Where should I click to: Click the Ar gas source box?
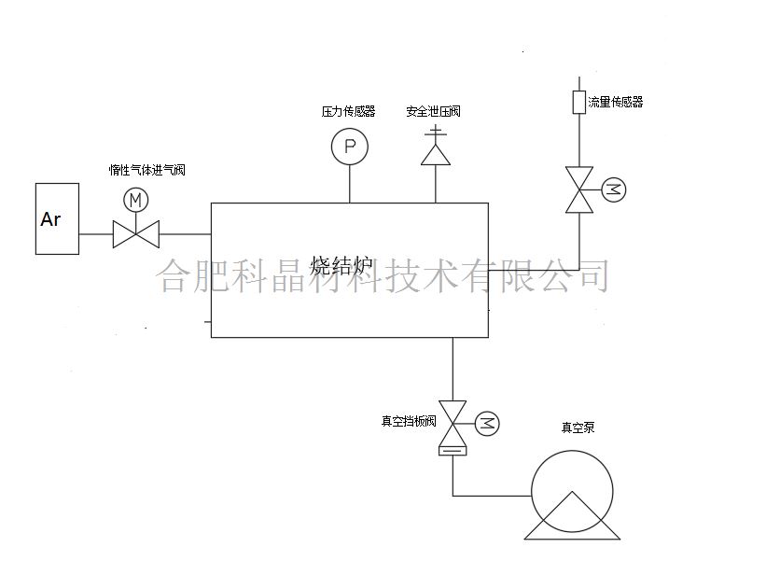pyautogui.click(x=57, y=218)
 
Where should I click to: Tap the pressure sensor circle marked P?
pyautogui.click(x=350, y=147)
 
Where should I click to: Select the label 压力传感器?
pyautogui.click(x=348, y=111)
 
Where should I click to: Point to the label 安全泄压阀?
pyautogui.click(x=433, y=111)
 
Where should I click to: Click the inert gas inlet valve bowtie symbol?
pyautogui.click(x=136, y=233)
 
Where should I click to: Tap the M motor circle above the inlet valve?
pyautogui.click(x=136, y=200)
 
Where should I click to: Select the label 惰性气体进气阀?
pyautogui.click(x=147, y=170)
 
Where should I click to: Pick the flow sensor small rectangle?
pyautogui.click(x=578, y=102)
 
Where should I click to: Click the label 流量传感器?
pyautogui.click(x=616, y=102)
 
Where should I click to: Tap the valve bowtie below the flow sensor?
pyautogui.click(x=579, y=190)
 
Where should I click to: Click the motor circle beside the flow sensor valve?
pyautogui.click(x=613, y=190)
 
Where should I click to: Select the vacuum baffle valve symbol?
pyautogui.click(x=453, y=425)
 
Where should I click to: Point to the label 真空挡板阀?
pyautogui.click(x=409, y=422)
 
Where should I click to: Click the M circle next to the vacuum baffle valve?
pyautogui.click(x=487, y=423)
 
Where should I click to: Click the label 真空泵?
pyautogui.click(x=578, y=428)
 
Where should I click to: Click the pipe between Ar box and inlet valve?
pyautogui.click(x=95, y=233)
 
